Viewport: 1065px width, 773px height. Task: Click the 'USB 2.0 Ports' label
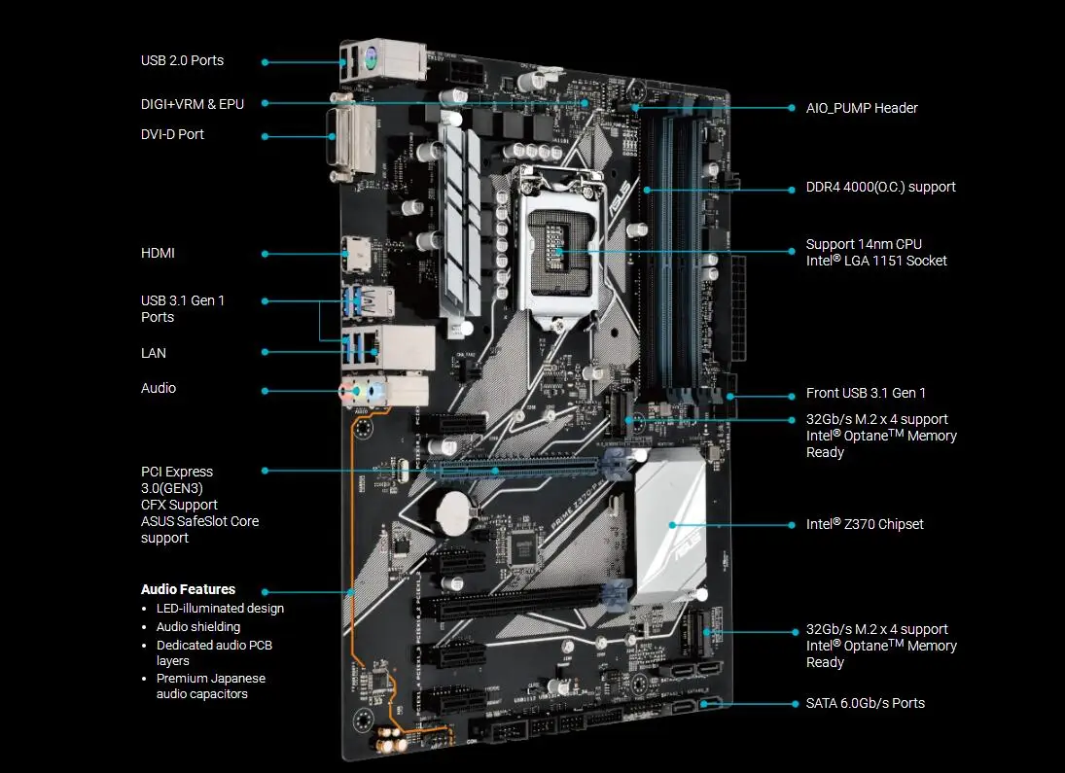[x=182, y=60]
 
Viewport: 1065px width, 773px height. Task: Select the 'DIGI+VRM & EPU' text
[x=192, y=103]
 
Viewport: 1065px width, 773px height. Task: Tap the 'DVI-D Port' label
[x=172, y=134]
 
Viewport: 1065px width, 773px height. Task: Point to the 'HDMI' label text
[x=158, y=253]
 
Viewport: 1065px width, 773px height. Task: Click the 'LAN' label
[x=153, y=353]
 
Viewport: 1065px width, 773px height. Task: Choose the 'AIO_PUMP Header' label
[x=862, y=108]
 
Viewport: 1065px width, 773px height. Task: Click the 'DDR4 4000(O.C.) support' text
[x=880, y=187]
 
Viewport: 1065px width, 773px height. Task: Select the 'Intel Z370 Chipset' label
[x=865, y=524]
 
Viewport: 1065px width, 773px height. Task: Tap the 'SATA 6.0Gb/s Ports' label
[x=865, y=703]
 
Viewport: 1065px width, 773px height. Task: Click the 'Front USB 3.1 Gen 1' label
[x=866, y=393]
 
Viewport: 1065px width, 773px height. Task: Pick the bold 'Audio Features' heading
[x=188, y=589]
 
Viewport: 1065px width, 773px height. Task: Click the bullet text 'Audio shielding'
[x=198, y=627]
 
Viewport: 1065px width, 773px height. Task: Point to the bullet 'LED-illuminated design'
[x=220, y=609]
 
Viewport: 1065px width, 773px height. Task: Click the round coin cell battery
[x=451, y=508]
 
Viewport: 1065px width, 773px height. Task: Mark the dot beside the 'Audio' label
[x=265, y=390]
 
